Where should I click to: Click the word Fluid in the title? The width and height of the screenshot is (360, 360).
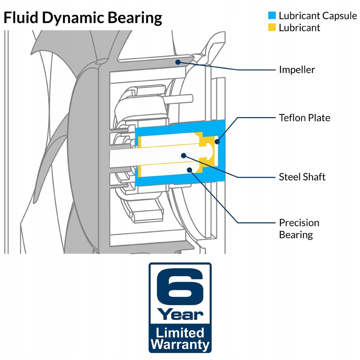[x=21, y=18]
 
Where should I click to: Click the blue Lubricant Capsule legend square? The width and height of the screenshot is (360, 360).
[x=272, y=15]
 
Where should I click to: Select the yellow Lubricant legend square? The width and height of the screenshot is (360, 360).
[x=272, y=27]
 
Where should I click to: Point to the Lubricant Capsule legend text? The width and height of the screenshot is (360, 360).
[x=318, y=16]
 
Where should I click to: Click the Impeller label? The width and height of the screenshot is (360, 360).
[x=297, y=70]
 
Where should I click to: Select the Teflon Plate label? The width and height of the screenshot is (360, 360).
[x=305, y=118]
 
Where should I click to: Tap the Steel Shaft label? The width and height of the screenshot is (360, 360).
[x=302, y=177]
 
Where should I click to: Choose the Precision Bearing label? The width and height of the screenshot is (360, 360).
[x=299, y=229]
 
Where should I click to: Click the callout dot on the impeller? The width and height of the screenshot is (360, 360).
[x=178, y=62]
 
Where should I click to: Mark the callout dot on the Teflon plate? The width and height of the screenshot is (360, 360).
[x=217, y=142]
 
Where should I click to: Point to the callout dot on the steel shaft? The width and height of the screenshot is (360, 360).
[x=184, y=156]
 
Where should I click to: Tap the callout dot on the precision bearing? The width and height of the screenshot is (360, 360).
[x=189, y=170]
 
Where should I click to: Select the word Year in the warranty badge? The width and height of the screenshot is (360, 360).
[x=180, y=314]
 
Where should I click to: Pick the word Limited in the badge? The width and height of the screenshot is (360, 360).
[x=180, y=333]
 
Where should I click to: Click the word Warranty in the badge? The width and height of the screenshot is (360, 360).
[x=180, y=344]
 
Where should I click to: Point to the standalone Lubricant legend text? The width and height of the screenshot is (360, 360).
[x=299, y=28]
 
